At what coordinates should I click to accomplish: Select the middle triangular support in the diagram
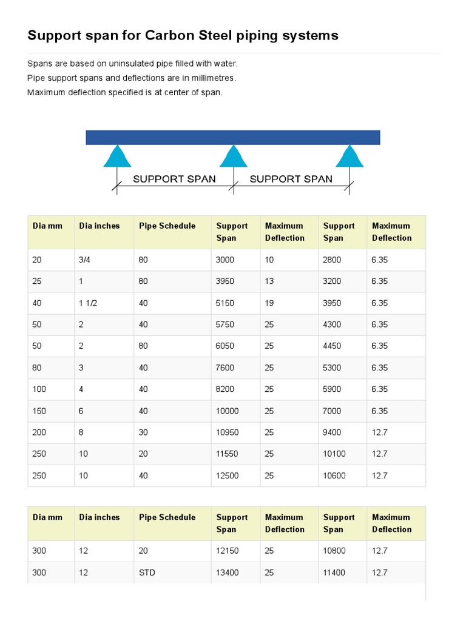(233, 156)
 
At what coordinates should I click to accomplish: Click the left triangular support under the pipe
(117, 156)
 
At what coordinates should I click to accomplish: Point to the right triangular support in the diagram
(349, 156)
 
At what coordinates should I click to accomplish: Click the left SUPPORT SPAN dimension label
(174, 179)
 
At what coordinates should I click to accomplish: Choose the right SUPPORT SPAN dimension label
(291, 179)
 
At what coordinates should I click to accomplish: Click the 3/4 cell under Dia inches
(86, 260)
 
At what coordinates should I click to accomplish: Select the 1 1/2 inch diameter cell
(88, 303)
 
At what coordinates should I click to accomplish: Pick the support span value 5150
(225, 303)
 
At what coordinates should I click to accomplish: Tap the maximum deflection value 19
(269, 303)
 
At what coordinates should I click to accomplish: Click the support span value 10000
(228, 411)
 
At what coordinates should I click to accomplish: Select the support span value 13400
(228, 572)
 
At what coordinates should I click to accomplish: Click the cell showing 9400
(332, 432)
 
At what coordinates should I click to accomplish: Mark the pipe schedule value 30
(143, 432)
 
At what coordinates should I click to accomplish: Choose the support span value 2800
(332, 260)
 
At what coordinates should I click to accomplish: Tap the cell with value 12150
(228, 551)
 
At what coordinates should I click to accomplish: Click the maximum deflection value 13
(269, 281)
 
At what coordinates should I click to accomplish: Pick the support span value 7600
(225, 368)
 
